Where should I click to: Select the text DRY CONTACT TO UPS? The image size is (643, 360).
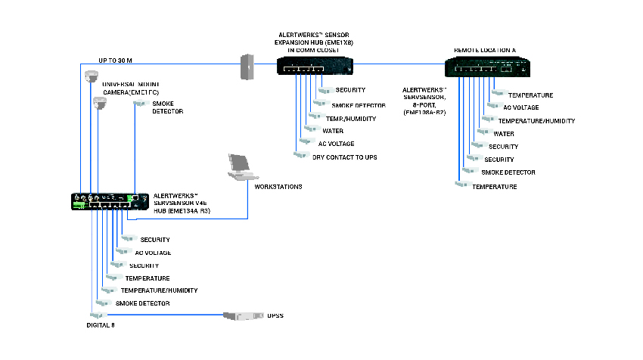344,157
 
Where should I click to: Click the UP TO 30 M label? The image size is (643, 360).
116,61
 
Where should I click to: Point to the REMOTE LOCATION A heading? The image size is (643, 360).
484,50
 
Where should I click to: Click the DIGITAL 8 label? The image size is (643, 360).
99,324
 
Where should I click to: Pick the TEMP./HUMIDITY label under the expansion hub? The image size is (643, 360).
350,119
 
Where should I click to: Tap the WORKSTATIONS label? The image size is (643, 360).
278,186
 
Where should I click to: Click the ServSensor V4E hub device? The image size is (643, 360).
107,201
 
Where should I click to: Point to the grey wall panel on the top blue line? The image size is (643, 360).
247,67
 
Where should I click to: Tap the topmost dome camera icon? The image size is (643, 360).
92,76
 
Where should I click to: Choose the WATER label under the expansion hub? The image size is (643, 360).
333,131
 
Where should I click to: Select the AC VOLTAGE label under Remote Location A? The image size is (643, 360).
521,107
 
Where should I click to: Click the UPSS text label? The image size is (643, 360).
275,315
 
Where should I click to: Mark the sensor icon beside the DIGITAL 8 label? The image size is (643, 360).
95,315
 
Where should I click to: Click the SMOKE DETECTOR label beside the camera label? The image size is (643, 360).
167,107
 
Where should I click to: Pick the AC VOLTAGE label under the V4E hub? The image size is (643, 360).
153,253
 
